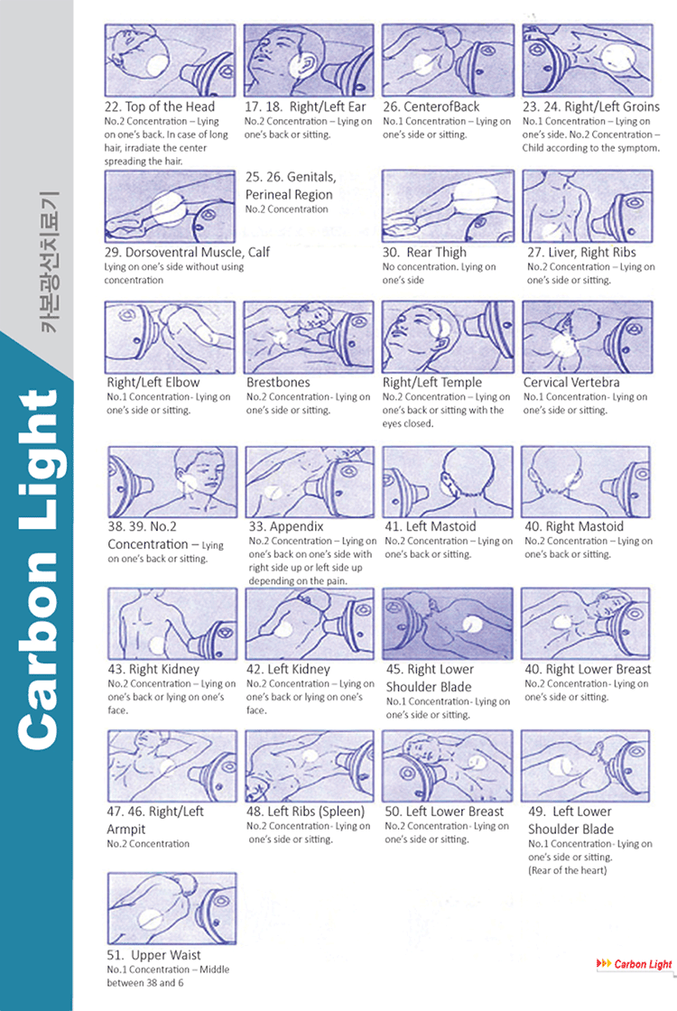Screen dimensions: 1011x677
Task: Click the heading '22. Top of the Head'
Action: click(160, 107)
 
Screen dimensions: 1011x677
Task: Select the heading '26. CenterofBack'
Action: click(431, 107)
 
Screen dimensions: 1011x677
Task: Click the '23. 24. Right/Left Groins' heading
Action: click(590, 107)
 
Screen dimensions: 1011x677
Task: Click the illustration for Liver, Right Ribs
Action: click(587, 206)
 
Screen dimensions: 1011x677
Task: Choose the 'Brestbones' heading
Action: click(278, 382)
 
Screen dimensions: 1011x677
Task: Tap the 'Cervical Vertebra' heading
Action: click(570, 382)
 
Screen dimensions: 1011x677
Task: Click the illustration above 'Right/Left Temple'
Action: click(448, 337)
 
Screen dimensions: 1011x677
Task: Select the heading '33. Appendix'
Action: click(285, 525)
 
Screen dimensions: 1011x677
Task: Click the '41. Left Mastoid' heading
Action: click(431, 525)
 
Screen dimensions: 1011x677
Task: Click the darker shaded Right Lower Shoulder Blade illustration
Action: click(448, 624)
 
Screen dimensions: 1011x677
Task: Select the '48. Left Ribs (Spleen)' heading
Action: click(305, 811)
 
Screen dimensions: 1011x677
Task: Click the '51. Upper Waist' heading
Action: click(153, 954)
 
